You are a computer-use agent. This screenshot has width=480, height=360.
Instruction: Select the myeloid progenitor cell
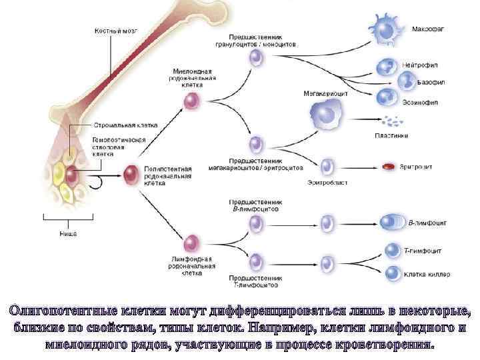click(x=193, y=101)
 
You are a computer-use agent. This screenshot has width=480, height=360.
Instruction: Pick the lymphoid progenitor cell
click(x=193, y=243)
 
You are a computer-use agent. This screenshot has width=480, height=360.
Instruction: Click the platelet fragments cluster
click(x=391, y=121)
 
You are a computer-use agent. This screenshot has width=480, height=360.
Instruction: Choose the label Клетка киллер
click(x=427, y=274)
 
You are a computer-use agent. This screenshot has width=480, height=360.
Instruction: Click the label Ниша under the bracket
click(x=68, y=233)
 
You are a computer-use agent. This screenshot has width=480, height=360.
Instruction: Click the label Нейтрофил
click(x=420, y=65)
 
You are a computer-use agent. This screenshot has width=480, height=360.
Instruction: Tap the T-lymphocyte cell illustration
click(x=392, y=250)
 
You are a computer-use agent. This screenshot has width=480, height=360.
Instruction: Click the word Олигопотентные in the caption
click(x=59, y=311)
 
